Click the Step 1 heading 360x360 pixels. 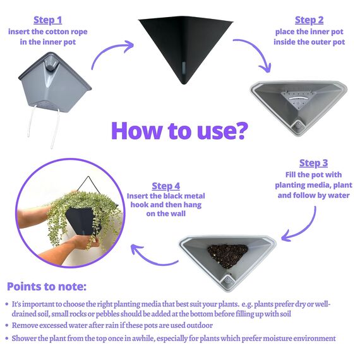[x=48, y=20]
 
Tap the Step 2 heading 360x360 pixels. [x=309, y=20]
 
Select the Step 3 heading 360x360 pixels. [x=313, y=163]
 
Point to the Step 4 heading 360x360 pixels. [x=165, y=186]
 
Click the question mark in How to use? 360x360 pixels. [x=241, y=130]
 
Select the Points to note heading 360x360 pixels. [x=47, y=287]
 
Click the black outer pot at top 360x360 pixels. [x=186, y=46]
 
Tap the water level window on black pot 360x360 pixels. [x=184, y=68]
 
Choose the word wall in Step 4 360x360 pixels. [x=178, y=213]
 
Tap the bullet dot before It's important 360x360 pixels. [x=7, y=304]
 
